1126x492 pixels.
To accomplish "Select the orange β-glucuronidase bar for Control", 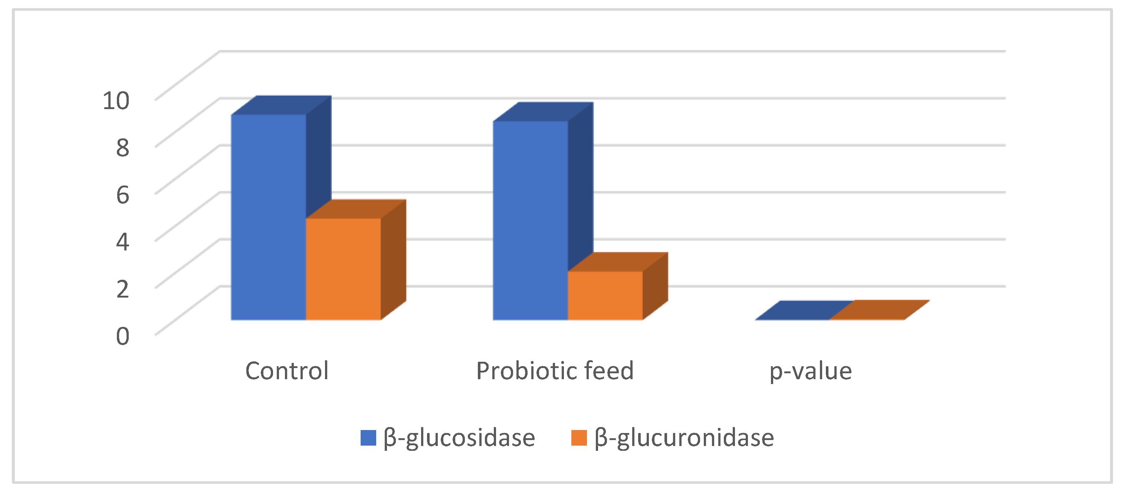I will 343,269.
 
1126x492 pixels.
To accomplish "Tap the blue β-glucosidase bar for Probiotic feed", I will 530,221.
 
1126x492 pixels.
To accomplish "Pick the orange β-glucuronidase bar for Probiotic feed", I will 605,296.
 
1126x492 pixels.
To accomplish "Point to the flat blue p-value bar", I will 804,311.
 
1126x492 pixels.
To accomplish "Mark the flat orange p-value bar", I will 879,310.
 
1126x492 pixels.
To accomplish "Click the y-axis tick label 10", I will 116,101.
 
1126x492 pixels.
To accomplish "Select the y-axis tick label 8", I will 122,147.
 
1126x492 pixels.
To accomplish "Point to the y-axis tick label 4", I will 122,242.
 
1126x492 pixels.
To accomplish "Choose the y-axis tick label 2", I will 122,289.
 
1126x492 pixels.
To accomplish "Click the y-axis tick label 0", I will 122,336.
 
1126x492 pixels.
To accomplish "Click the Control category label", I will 287,371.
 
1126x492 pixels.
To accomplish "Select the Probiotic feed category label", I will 555,371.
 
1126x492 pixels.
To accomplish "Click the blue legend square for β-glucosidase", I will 368,438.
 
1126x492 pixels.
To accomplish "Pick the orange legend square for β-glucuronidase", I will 579,438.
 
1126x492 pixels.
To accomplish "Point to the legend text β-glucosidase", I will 459,438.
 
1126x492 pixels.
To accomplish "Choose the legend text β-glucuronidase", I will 684,438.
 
